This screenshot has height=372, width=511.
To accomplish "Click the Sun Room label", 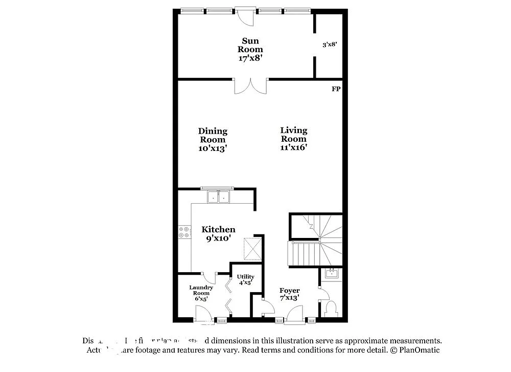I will pos(250,49).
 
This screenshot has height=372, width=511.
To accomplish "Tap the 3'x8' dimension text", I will pos(330,45).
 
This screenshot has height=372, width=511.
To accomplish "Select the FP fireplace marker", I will pos(336,89).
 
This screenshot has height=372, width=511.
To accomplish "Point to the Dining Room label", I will pos(213,139).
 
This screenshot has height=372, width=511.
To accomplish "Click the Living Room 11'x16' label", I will pos(294,139).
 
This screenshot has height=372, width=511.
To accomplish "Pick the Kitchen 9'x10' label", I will pos(218,234).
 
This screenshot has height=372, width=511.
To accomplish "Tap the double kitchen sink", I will pos(219,196).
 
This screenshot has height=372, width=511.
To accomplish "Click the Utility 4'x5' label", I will pos(245,279).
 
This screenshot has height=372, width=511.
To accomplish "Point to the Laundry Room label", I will pos(201,293).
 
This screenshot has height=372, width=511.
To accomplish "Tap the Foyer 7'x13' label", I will pos(289,294).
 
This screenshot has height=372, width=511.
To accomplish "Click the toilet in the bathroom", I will pos(331,309).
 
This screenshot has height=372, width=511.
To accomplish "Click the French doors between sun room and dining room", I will pos(250,85).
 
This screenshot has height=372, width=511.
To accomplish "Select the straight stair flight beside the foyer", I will pos(303,253).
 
